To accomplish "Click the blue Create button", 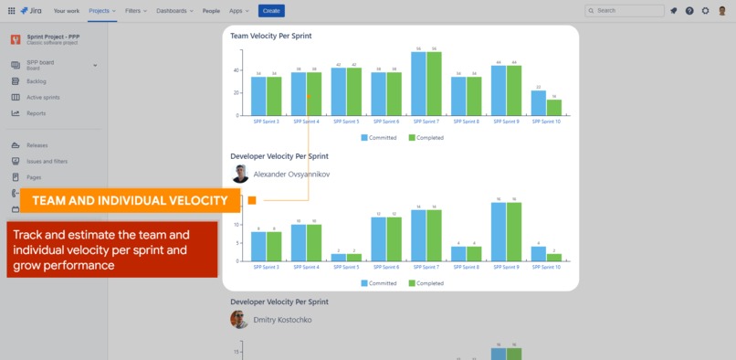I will (x=271, y=11).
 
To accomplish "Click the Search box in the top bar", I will (x=625, y=11).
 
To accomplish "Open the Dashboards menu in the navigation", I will (x=173, y=11).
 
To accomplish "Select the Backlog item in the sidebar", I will (x=37, y=81).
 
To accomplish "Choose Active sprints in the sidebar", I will (x=42, y=97).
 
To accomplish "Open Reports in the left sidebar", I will (x=36, y=113).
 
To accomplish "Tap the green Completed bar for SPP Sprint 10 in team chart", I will (x=553, y=107).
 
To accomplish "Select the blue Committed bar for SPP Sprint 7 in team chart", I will (x=418, y=83).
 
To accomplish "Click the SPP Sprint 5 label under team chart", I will (x=346, y=121).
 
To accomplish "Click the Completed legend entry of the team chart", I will (x=426, y=138).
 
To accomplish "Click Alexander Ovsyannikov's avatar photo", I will (x=240, y=174).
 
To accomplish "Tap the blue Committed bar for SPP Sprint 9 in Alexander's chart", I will (x=499, y=231).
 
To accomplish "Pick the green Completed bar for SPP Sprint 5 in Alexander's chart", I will (x=353, y=257).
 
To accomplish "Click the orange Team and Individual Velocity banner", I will (x=130, y=200).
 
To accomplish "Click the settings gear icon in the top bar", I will (x=705, y=11).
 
